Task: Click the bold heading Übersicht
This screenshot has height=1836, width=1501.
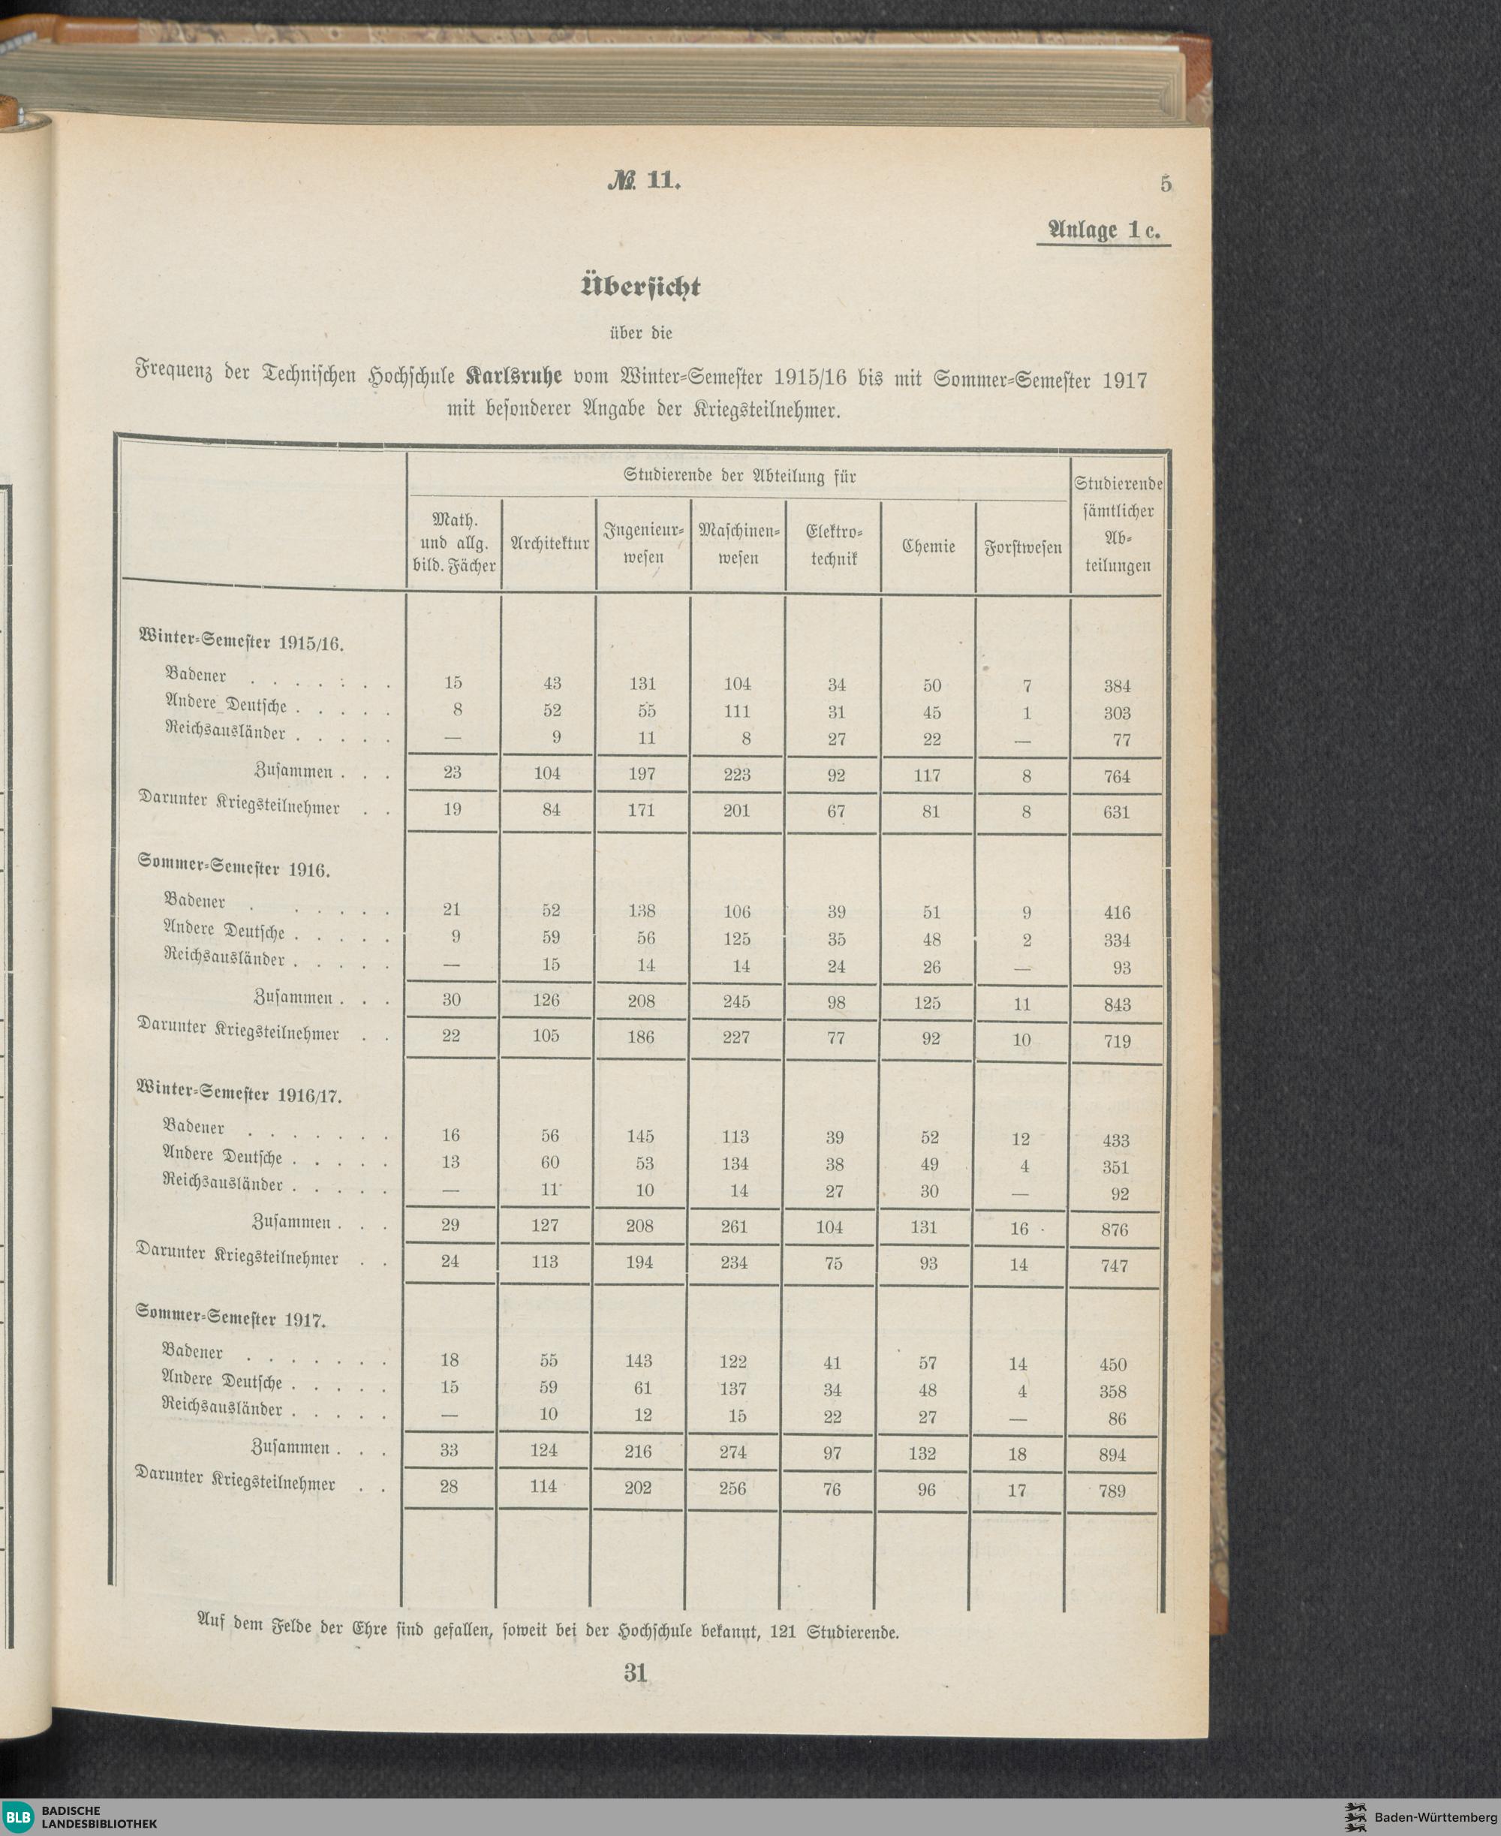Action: click(641, 286)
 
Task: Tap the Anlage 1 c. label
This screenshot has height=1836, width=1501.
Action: click(1103, 230)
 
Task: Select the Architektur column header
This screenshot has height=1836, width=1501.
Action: click(549, 544)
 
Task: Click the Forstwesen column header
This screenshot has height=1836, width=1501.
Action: click(1023, 548)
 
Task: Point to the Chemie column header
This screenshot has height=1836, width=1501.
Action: click(928, 546)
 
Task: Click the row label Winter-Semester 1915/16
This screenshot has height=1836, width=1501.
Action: click(241, 641)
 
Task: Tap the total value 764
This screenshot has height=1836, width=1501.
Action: click(1116, 775)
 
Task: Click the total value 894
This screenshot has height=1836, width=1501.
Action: click(1112, 1455)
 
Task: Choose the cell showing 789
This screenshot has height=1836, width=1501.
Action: click(1112, 1491)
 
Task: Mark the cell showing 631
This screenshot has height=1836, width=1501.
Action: click(1116, 812)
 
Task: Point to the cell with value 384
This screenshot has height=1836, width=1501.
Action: click(1117, 686)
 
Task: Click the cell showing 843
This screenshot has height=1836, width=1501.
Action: click(1116, 1004)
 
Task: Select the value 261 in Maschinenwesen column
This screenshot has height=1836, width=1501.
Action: click(735, 1227)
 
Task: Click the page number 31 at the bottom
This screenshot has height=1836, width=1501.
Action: click(636, 1672)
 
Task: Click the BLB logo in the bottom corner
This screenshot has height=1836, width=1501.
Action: click(18, 1818)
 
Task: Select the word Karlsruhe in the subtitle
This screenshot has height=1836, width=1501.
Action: click(513, 377)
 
